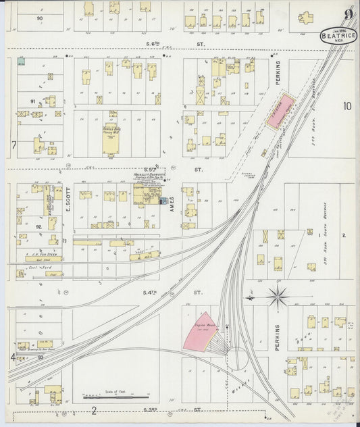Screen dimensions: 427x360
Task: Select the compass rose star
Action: [278, 295]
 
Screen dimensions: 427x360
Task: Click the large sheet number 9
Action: [348, 14]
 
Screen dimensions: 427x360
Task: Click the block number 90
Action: [39, 18]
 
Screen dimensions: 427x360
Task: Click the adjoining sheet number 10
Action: [347, 105]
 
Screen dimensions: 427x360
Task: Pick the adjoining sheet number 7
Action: [13, 145]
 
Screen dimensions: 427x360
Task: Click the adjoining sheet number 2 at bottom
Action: [95, 410]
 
